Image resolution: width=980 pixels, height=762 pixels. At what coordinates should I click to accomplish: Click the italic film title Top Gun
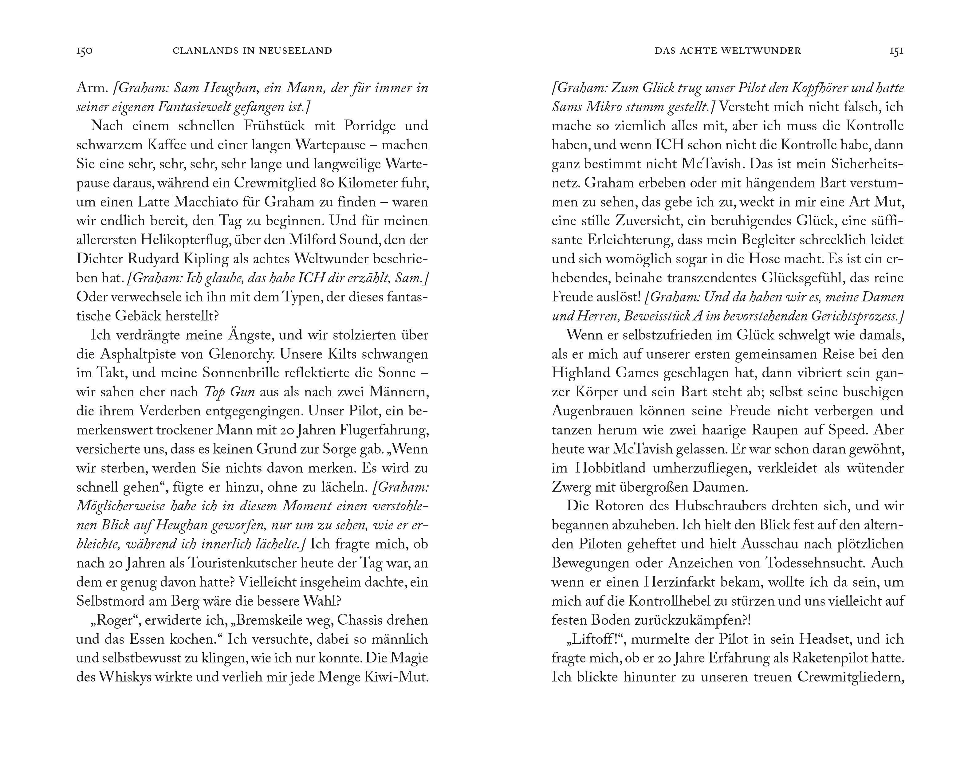[229, 392]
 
